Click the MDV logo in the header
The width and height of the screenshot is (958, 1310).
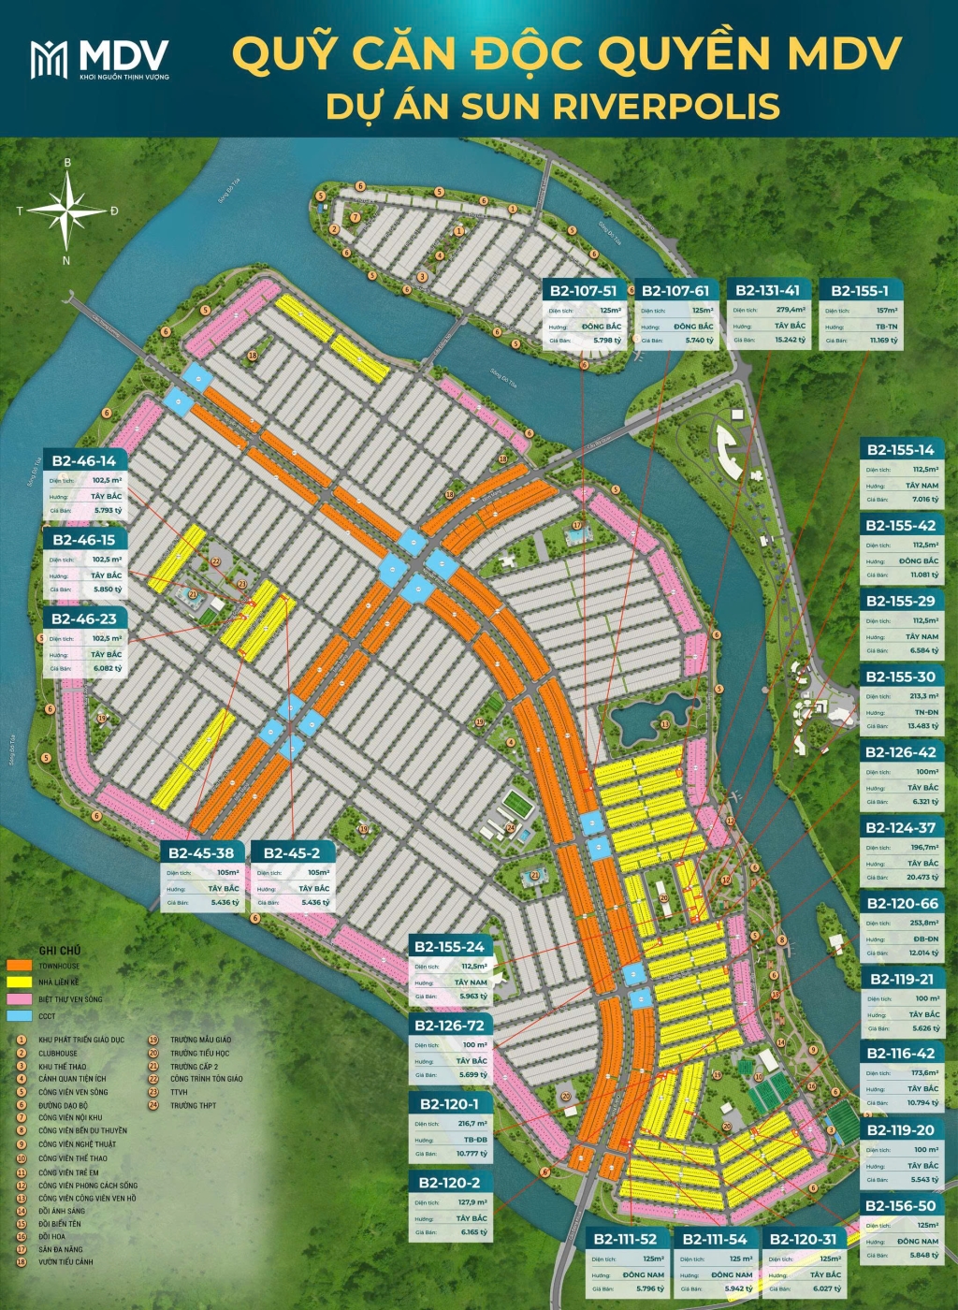coord(99,59)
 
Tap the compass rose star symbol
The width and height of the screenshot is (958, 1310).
coord(66,210)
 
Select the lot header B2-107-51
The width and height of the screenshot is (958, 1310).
coord(583,291)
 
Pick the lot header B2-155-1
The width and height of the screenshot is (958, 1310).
coord(860,291)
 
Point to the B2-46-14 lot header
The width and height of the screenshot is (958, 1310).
coord(84,460)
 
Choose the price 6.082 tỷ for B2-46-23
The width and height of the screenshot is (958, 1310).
coord(108,668)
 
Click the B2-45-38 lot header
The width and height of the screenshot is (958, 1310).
coord(201,852)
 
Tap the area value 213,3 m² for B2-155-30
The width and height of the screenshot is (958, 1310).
coord(923,696)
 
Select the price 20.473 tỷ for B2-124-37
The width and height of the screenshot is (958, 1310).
coord(922,877)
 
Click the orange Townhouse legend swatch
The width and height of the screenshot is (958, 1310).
coord(20,966)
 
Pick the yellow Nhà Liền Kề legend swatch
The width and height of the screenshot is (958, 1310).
coord(20,982)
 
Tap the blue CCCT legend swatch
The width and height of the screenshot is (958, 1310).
coord(20,1016)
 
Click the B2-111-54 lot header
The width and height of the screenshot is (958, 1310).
coord(715,1239)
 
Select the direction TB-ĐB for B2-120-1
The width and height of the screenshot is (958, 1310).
coord(475,1140)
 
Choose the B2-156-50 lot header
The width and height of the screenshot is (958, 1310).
coord(900,1206)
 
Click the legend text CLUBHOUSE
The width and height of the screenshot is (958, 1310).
coord(58,1053)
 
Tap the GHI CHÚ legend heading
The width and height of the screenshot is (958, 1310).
coord(60,950)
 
